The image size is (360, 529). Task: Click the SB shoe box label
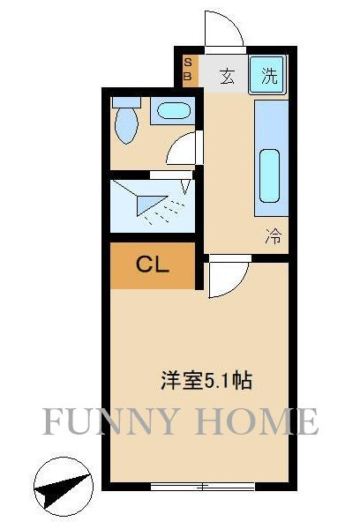pyautogui.click(x=188, y=69)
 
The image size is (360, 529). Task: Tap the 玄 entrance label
pyautogui.click(x=227, y=76)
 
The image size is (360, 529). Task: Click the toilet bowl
pyautogui.click(x=126, y=125)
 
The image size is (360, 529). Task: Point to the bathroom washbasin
pyautogui.click(x=173, y=111)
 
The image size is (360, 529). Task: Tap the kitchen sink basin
pyautogui.click(x=269, y=175)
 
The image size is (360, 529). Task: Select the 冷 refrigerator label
pyautogui.click(x=273, y=235)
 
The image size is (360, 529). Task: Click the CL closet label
pyautogui.click(x=152, y=264)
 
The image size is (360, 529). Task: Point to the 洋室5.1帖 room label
pyautogui.click(x=206, y=381)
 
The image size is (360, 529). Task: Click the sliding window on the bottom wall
pyautogui.click(x=202, y=486)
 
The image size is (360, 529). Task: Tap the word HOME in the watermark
pyautogui.click(x=258, y=421)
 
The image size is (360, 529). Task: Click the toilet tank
pyautogui.click(x=126, y=102)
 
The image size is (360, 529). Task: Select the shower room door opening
pyautogui.click(x=170, y=175)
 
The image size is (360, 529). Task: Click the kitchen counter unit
pyautogui.click(x=271, y=158)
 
